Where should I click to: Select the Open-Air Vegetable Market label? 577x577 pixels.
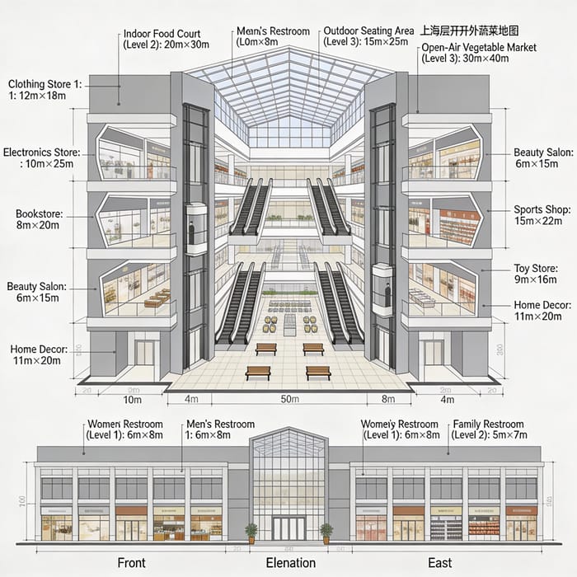point(478,54)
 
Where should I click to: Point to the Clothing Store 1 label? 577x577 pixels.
point(45,89)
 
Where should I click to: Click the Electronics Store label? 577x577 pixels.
point(42,157)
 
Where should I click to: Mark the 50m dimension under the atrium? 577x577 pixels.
point(289,400)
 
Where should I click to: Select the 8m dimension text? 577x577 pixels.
point(389,400)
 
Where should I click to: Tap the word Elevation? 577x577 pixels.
point(290,562)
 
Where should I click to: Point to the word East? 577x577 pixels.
point(439,562)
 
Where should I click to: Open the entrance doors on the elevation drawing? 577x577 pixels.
point(288,528)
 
